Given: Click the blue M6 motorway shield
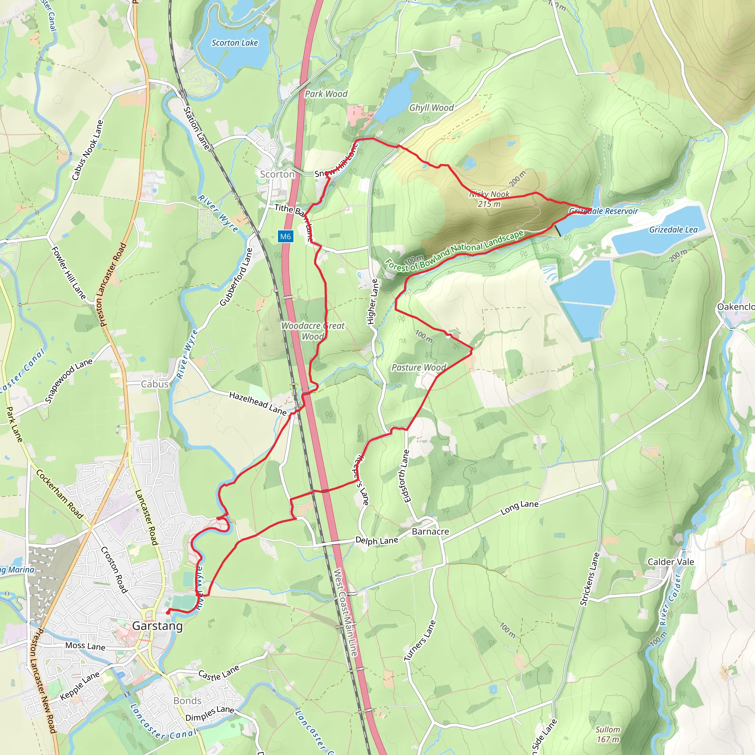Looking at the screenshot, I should coord(285,236).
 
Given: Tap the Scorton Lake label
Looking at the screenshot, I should coord(234,43).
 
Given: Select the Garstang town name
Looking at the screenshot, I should coord(157,626).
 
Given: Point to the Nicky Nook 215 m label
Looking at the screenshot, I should coord(489,199).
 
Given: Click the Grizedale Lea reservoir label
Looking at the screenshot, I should coord(673,230).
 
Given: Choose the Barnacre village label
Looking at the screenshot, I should coord(430,532).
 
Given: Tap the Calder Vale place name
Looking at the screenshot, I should coord(671,562).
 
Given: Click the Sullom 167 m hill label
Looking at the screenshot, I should coord(608,734).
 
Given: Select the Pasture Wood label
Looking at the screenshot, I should coord(418,367).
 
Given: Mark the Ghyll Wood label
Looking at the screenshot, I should coord(431,108).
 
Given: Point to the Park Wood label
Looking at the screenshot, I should coord(326,94).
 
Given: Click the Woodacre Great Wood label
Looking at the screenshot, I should coord(313,331).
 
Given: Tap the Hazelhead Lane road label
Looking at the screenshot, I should coord(258,403).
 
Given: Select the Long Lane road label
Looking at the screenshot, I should coord(519,507).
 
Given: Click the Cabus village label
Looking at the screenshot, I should coord(155,384).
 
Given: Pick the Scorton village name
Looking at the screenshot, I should coord(277,174).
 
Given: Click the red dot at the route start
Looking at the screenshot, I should coord(168,612).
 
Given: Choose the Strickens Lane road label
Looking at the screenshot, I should coord(590,579).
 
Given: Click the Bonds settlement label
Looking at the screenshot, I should coord(187,701).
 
